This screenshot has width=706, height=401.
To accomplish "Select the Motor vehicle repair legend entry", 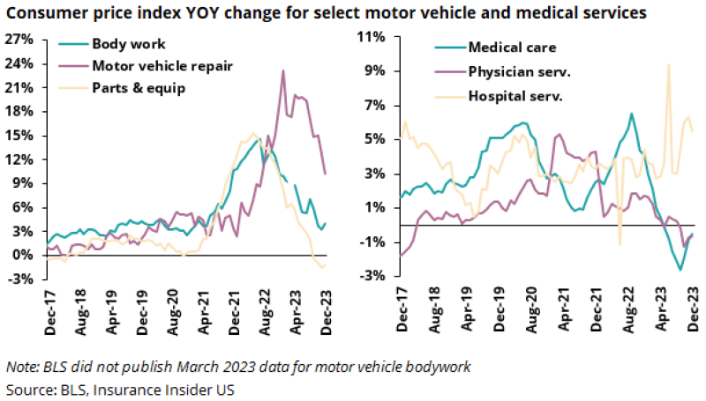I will pyautogui.click(x=150, y=65).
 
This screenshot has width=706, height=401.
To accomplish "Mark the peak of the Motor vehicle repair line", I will pyautogui.click(x=282, y=71).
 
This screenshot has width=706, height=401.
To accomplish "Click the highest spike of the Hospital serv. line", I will pyautogui.click(x=668, y=64).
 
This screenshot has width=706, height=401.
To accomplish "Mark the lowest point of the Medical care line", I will pyautogui.click(x=680, y=269).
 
